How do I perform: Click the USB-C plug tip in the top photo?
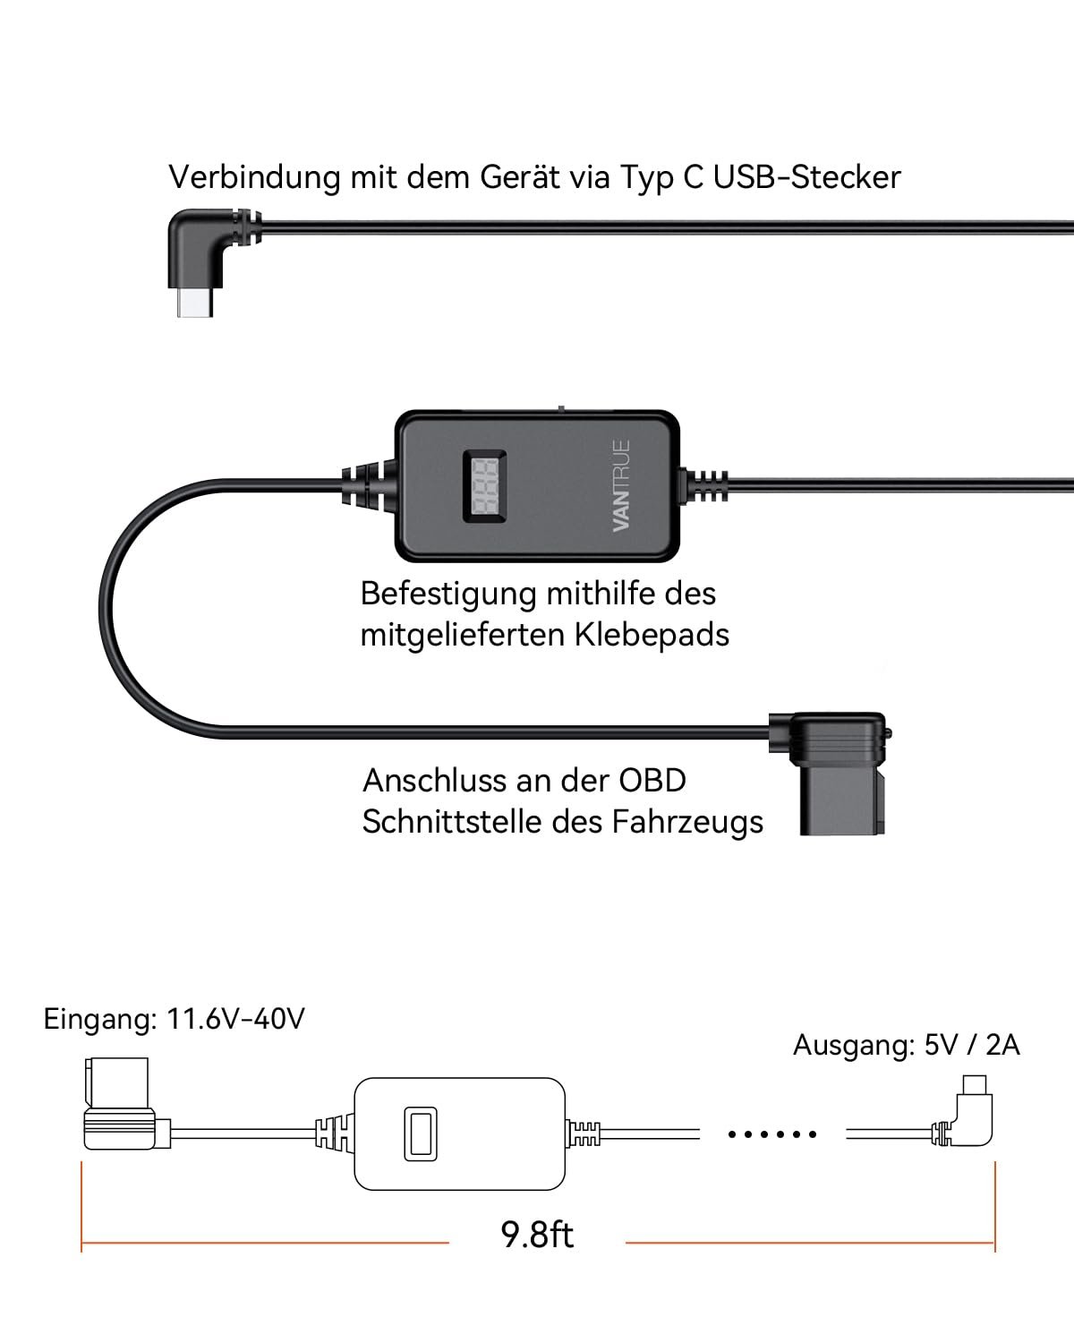coord(195,304)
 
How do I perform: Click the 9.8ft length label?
coord(537,1236)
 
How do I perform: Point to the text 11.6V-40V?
coord(236,1019)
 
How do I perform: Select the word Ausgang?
coord(851,1046)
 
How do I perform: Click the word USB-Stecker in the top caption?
coord(806,177)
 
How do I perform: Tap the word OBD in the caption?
coord(652,781)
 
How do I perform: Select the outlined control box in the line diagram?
coord(459,1134)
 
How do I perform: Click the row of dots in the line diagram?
coord(772,1134)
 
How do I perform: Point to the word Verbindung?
coord(254,177)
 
